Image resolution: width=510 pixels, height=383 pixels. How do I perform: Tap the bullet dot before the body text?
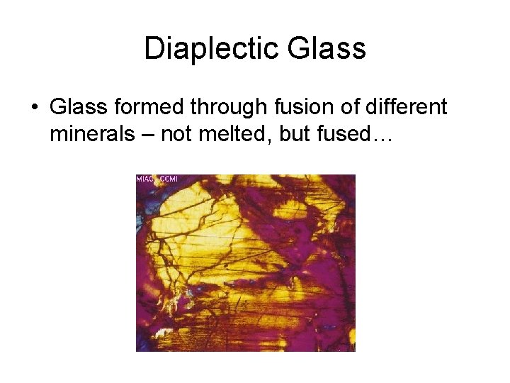33,108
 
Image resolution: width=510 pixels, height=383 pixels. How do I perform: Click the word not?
176,134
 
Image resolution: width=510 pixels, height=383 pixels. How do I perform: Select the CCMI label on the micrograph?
169,179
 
